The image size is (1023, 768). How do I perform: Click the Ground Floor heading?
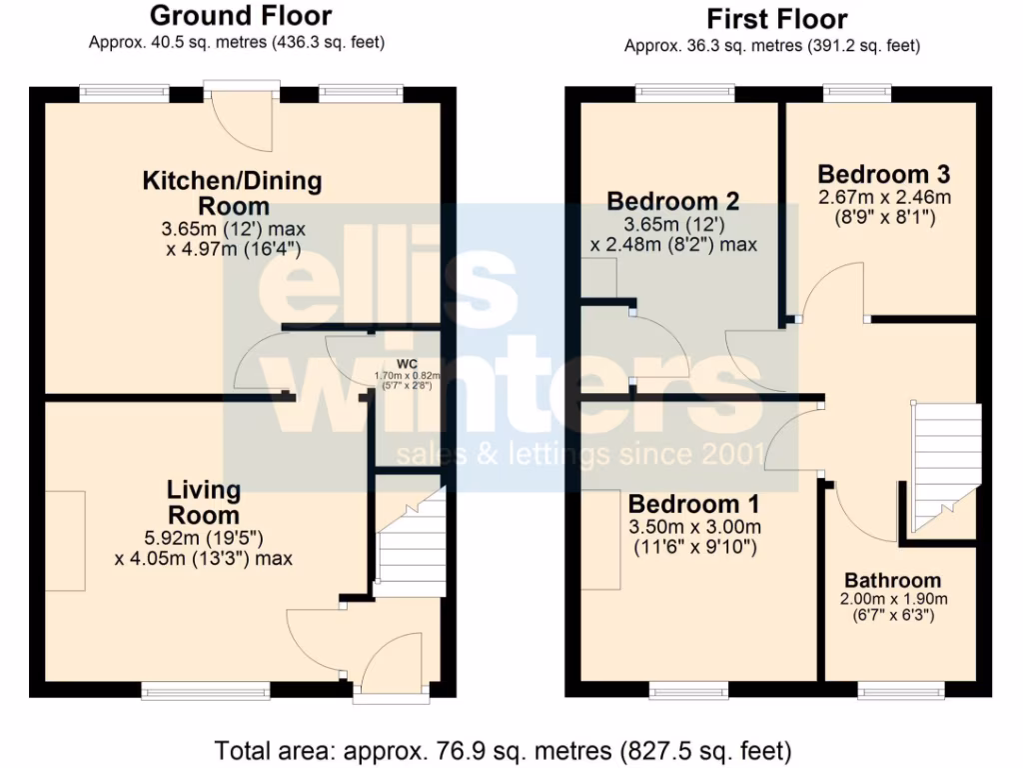coord(240,16)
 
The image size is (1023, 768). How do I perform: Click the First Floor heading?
coord(776,19)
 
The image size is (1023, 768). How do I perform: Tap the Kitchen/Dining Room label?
coord(233,193)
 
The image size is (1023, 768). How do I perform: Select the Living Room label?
coord(203,502)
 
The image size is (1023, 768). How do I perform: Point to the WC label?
coord(406,364)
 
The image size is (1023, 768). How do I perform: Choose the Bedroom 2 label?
coord(673,202)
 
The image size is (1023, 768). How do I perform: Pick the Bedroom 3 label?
coord(883,172)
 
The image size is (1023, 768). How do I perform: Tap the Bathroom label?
coord(892,580)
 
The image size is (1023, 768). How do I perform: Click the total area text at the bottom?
coord(504,749)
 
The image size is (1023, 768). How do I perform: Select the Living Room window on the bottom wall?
coord(205,690)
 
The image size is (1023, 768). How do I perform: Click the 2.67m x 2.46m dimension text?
coord(884,196)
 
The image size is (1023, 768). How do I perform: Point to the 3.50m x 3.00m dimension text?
coord(694,527)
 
